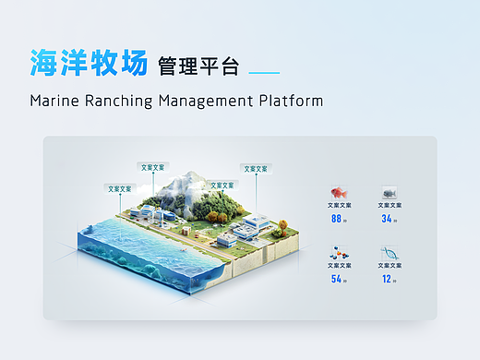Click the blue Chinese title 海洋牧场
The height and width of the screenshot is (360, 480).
[x=88, y=64]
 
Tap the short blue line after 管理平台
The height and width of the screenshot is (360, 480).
[x=265, y=72]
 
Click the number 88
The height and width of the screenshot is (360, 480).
[x=336, y=219]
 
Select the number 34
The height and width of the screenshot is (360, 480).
[x=387, y=219]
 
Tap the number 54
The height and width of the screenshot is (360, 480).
[x=336, y=279]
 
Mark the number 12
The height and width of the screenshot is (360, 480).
[x=387, y=279]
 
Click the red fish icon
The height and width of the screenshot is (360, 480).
[x=339, y=193]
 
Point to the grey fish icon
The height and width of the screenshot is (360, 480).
[x=389, y=193]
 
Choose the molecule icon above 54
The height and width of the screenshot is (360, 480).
[x=339, y=252]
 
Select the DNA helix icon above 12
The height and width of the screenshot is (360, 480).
[x=389, y=252]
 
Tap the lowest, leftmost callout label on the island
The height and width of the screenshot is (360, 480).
[x=120, y=188]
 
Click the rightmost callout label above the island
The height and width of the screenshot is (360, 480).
[x=256, y=169]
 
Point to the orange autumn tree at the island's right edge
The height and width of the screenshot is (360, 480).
[x=282, y=223]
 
